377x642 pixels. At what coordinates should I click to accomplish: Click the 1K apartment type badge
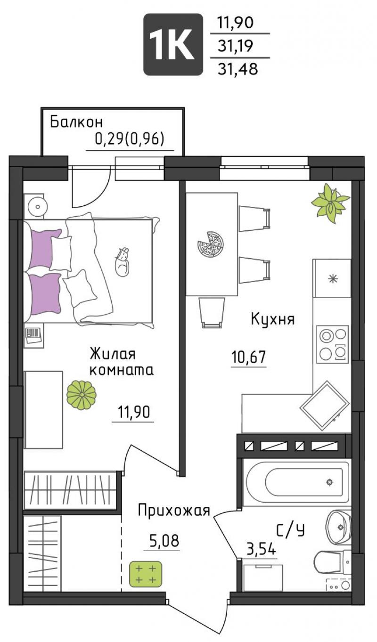[x=173, y=44]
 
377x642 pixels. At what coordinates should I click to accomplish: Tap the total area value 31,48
[x=238, y=69]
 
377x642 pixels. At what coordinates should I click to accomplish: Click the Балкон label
[x=76, y=122]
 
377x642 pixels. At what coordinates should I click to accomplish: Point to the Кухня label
[x=273, y=319]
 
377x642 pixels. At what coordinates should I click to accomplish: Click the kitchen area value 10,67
[x=248, y=357]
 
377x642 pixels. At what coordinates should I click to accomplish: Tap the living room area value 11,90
[x=134, y=413]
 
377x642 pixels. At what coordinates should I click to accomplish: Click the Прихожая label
[x=174, y=511]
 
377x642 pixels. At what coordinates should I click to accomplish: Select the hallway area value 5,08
[x=164, y=541]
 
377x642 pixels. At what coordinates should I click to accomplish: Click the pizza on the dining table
[x=210, y=244]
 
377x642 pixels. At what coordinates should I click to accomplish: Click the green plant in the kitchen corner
[x=330, y=203]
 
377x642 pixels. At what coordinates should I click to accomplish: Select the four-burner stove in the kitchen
[x=332, y=344]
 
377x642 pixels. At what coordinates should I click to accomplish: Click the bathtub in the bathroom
[x=297, y=482]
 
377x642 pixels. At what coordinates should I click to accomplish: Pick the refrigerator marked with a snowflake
[x=332, y=278]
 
